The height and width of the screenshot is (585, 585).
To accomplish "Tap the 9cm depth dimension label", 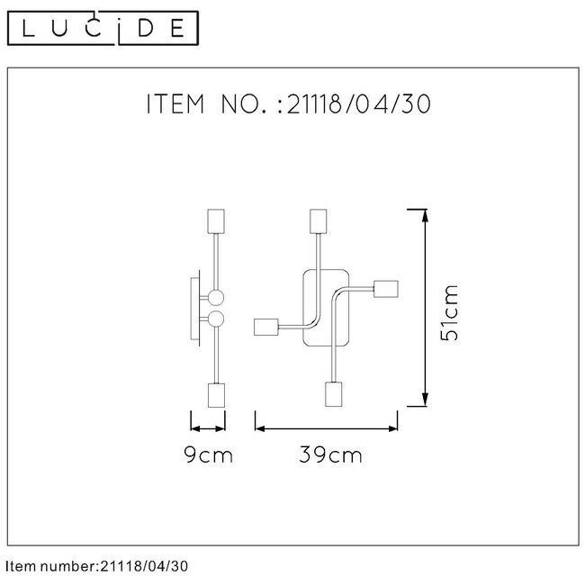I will coord(208,455).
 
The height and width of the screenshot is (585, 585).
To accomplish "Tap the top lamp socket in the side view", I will coord(215,220).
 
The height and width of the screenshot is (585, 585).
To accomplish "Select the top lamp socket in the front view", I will coord(316,220).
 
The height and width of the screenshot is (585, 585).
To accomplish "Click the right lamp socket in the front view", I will coord(385,289).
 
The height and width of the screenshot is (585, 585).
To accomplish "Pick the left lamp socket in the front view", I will coord(266,328).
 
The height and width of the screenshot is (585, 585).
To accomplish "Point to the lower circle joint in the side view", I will coord(216,319).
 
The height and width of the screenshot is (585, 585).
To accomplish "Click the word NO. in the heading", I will coord(243,104).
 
